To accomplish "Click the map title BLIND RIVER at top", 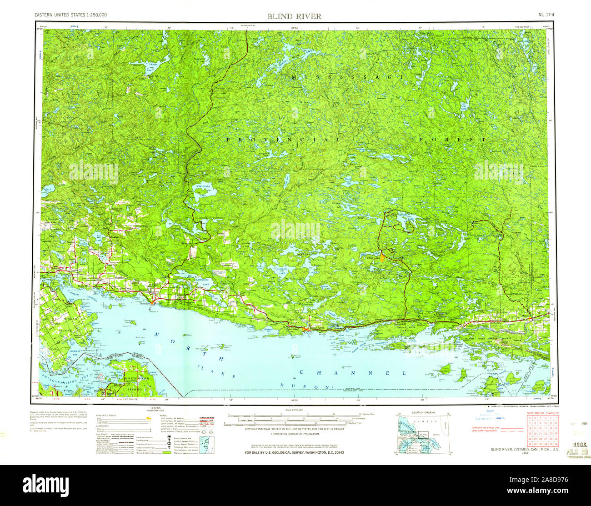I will click(x=294, y=16).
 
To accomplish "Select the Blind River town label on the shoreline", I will click(x=316, y=327).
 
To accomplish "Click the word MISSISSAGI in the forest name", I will click(x=348, y=77).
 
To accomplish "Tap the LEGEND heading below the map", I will click(x=156, y=409).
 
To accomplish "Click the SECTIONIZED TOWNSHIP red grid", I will click(x=543, y=431).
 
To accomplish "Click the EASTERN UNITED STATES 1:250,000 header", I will click(x=71, y=15).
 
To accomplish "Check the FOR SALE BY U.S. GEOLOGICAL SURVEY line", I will click(x=294, y=453).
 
